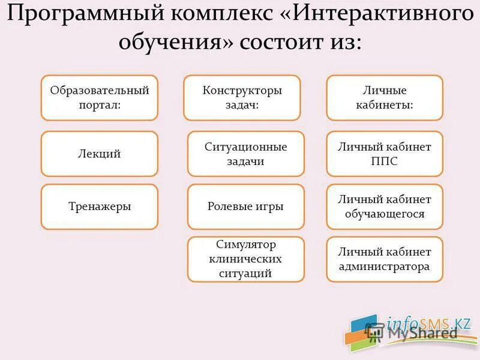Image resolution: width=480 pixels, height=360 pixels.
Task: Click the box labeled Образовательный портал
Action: [x=99, y=98]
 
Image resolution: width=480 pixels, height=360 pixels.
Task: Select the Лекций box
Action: [x=99, y=154]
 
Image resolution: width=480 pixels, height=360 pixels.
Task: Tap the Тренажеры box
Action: [x=99, y=207]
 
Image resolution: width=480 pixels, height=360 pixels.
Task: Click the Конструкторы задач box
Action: [x=242, y=98]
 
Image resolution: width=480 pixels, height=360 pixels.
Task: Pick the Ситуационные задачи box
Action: [x=245, y=154]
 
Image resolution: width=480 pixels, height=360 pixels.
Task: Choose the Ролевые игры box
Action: [x=245, y=207]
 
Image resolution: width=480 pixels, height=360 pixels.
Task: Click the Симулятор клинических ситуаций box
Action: [x=245, y=259]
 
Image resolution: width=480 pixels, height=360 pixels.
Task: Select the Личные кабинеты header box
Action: [x=385, y=98]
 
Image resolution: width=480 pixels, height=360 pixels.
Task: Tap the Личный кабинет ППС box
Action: [x=385, y=154]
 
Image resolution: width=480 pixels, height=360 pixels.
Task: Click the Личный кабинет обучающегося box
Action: [x=385, y=207]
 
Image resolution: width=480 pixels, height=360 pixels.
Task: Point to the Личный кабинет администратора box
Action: [x=385, y=259]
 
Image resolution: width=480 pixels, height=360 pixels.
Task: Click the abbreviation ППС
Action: [x=385, y=161]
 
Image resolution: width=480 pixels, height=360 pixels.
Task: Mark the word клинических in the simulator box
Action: [x=245, y=259]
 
